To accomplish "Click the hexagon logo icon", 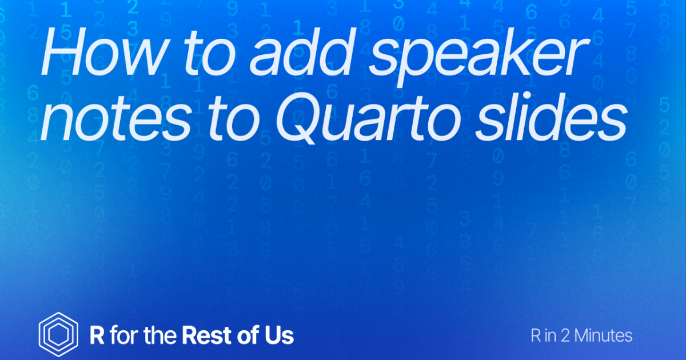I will [58, 335].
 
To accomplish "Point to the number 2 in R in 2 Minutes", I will [565, 335].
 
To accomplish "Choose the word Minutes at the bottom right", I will [603, 335].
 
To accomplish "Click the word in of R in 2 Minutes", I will [550, 335].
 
